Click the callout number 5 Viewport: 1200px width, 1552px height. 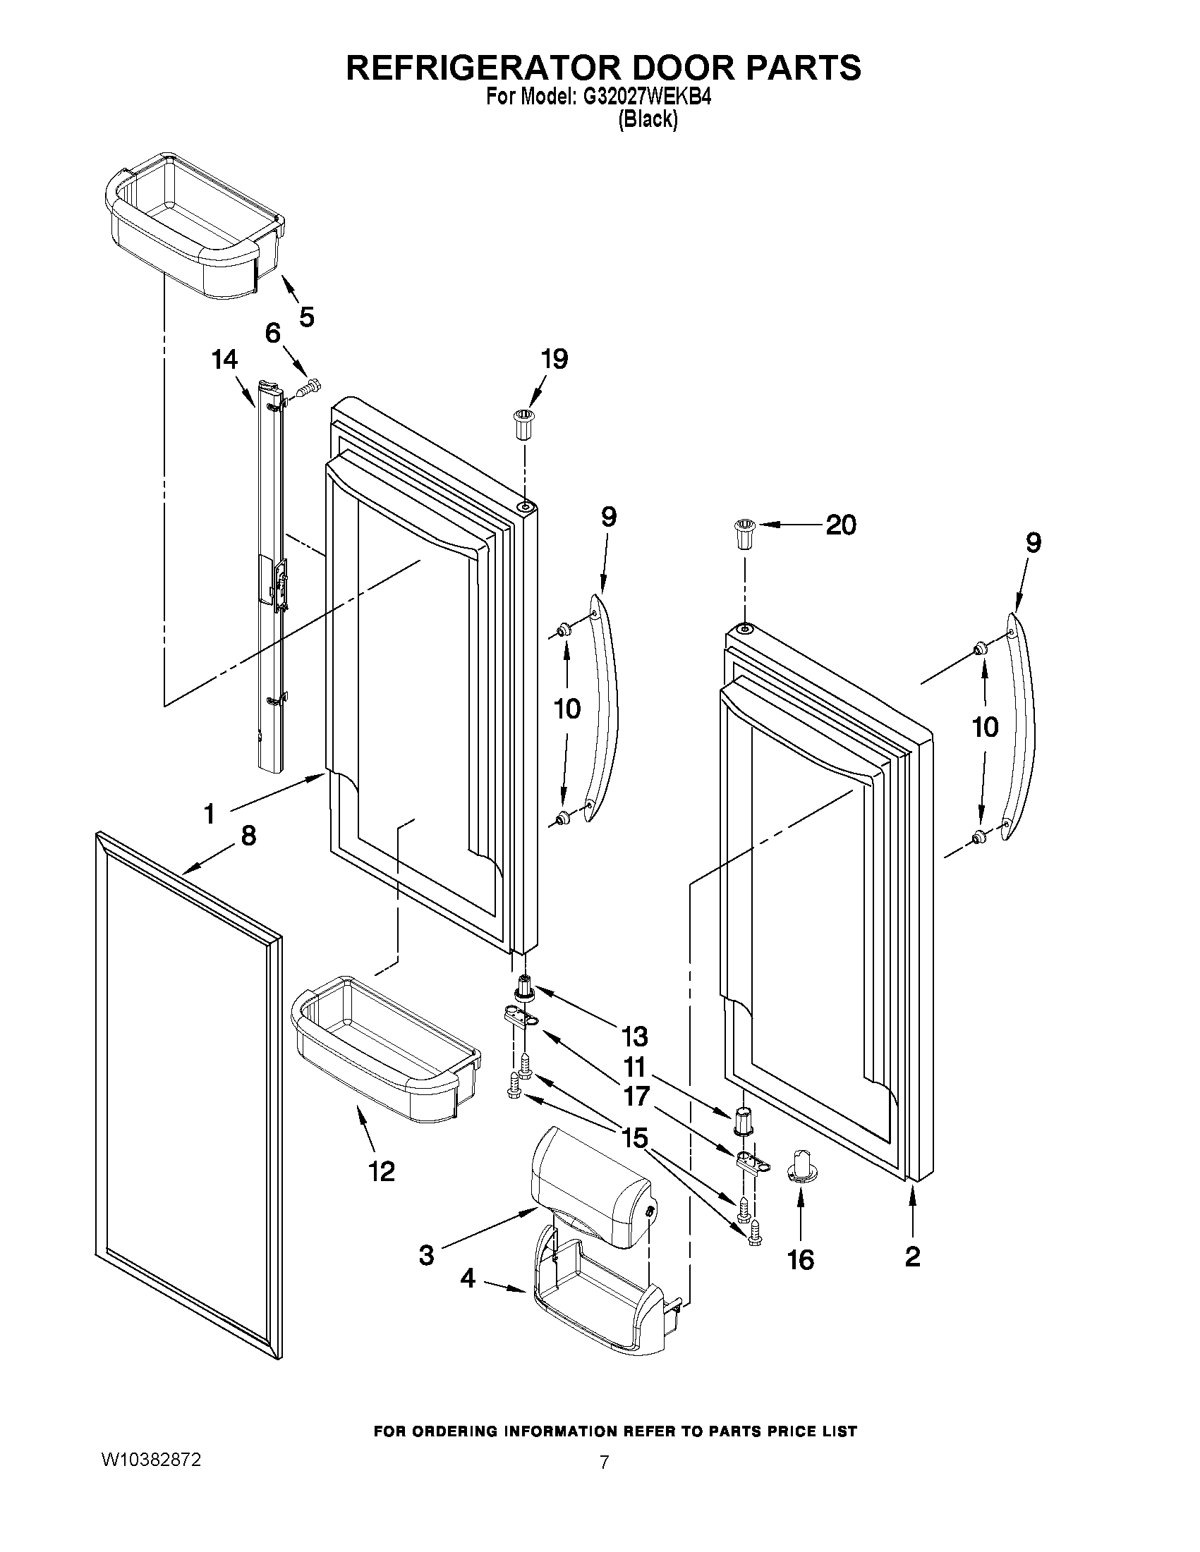pyautogui.click(x=306, y=317)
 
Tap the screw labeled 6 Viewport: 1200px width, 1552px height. pyautogui.click(x=310, y=389)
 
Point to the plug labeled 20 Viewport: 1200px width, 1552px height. pyautogui.click(x=744, y=534)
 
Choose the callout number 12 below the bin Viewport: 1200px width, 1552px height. pyautogui.click(x=382, y=1171)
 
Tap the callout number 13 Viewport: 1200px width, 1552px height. pyautogui.click(x=635, y=1037)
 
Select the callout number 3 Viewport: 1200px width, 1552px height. pyautogui.click(x=426, y=1256)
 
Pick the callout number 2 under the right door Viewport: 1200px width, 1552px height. pyautogui.click(x=913, y=1257)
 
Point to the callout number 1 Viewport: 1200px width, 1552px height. pyautogui.click(x=209, y=814)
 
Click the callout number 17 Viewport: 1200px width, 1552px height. pyautogui.click(x=636, y=1096)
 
